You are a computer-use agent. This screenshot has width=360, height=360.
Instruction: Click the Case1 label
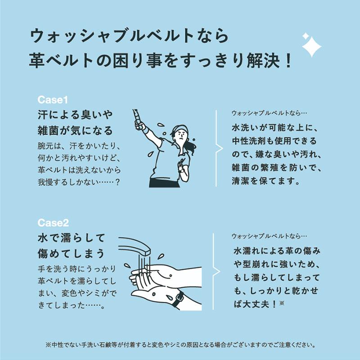tap(53, 99)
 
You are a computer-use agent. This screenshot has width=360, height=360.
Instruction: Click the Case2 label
tap(53, 222)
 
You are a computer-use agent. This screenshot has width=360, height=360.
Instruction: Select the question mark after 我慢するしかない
tap(117, 183)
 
